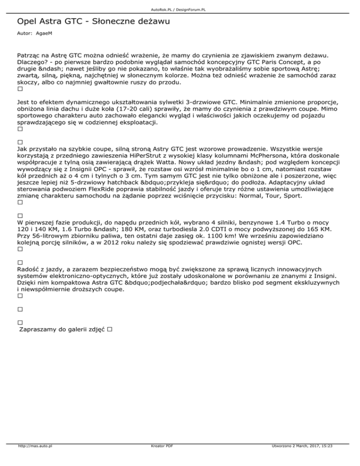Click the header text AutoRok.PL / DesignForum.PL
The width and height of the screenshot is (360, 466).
click(180, 9)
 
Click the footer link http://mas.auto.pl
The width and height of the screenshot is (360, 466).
click(34, 459)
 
